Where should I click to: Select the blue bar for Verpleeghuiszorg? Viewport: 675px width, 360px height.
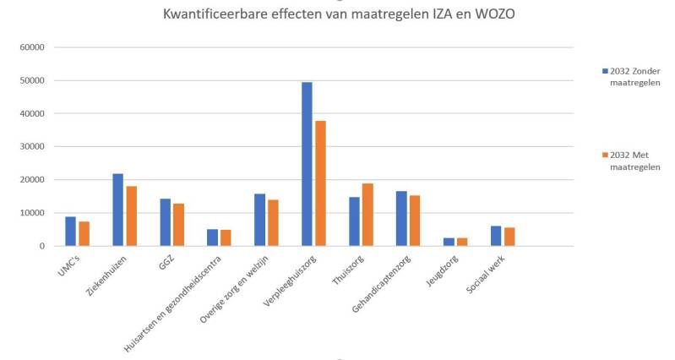pyautogui.click(x=307, y=164)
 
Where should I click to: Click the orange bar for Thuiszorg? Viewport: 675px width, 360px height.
pyautogui.click(x=367, y=215)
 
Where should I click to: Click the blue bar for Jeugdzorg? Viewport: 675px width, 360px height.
pyautogui.click(x=449, y=242)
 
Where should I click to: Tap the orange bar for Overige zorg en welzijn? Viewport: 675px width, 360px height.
pyautogui.click(x=273, y=223)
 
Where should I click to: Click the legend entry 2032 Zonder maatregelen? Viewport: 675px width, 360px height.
pyautogui.click(x=634, y=75)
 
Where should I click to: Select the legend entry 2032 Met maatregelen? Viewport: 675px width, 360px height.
pyautogui.click(x=634, y=161)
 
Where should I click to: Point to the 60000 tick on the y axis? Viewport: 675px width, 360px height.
pyautogui.click(x=31, y=47)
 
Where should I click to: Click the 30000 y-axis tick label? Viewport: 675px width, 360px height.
pyautogui.click(x=31, y=146)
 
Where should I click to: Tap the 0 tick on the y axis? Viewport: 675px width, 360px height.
pyautogui.click(x=41, y=246)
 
